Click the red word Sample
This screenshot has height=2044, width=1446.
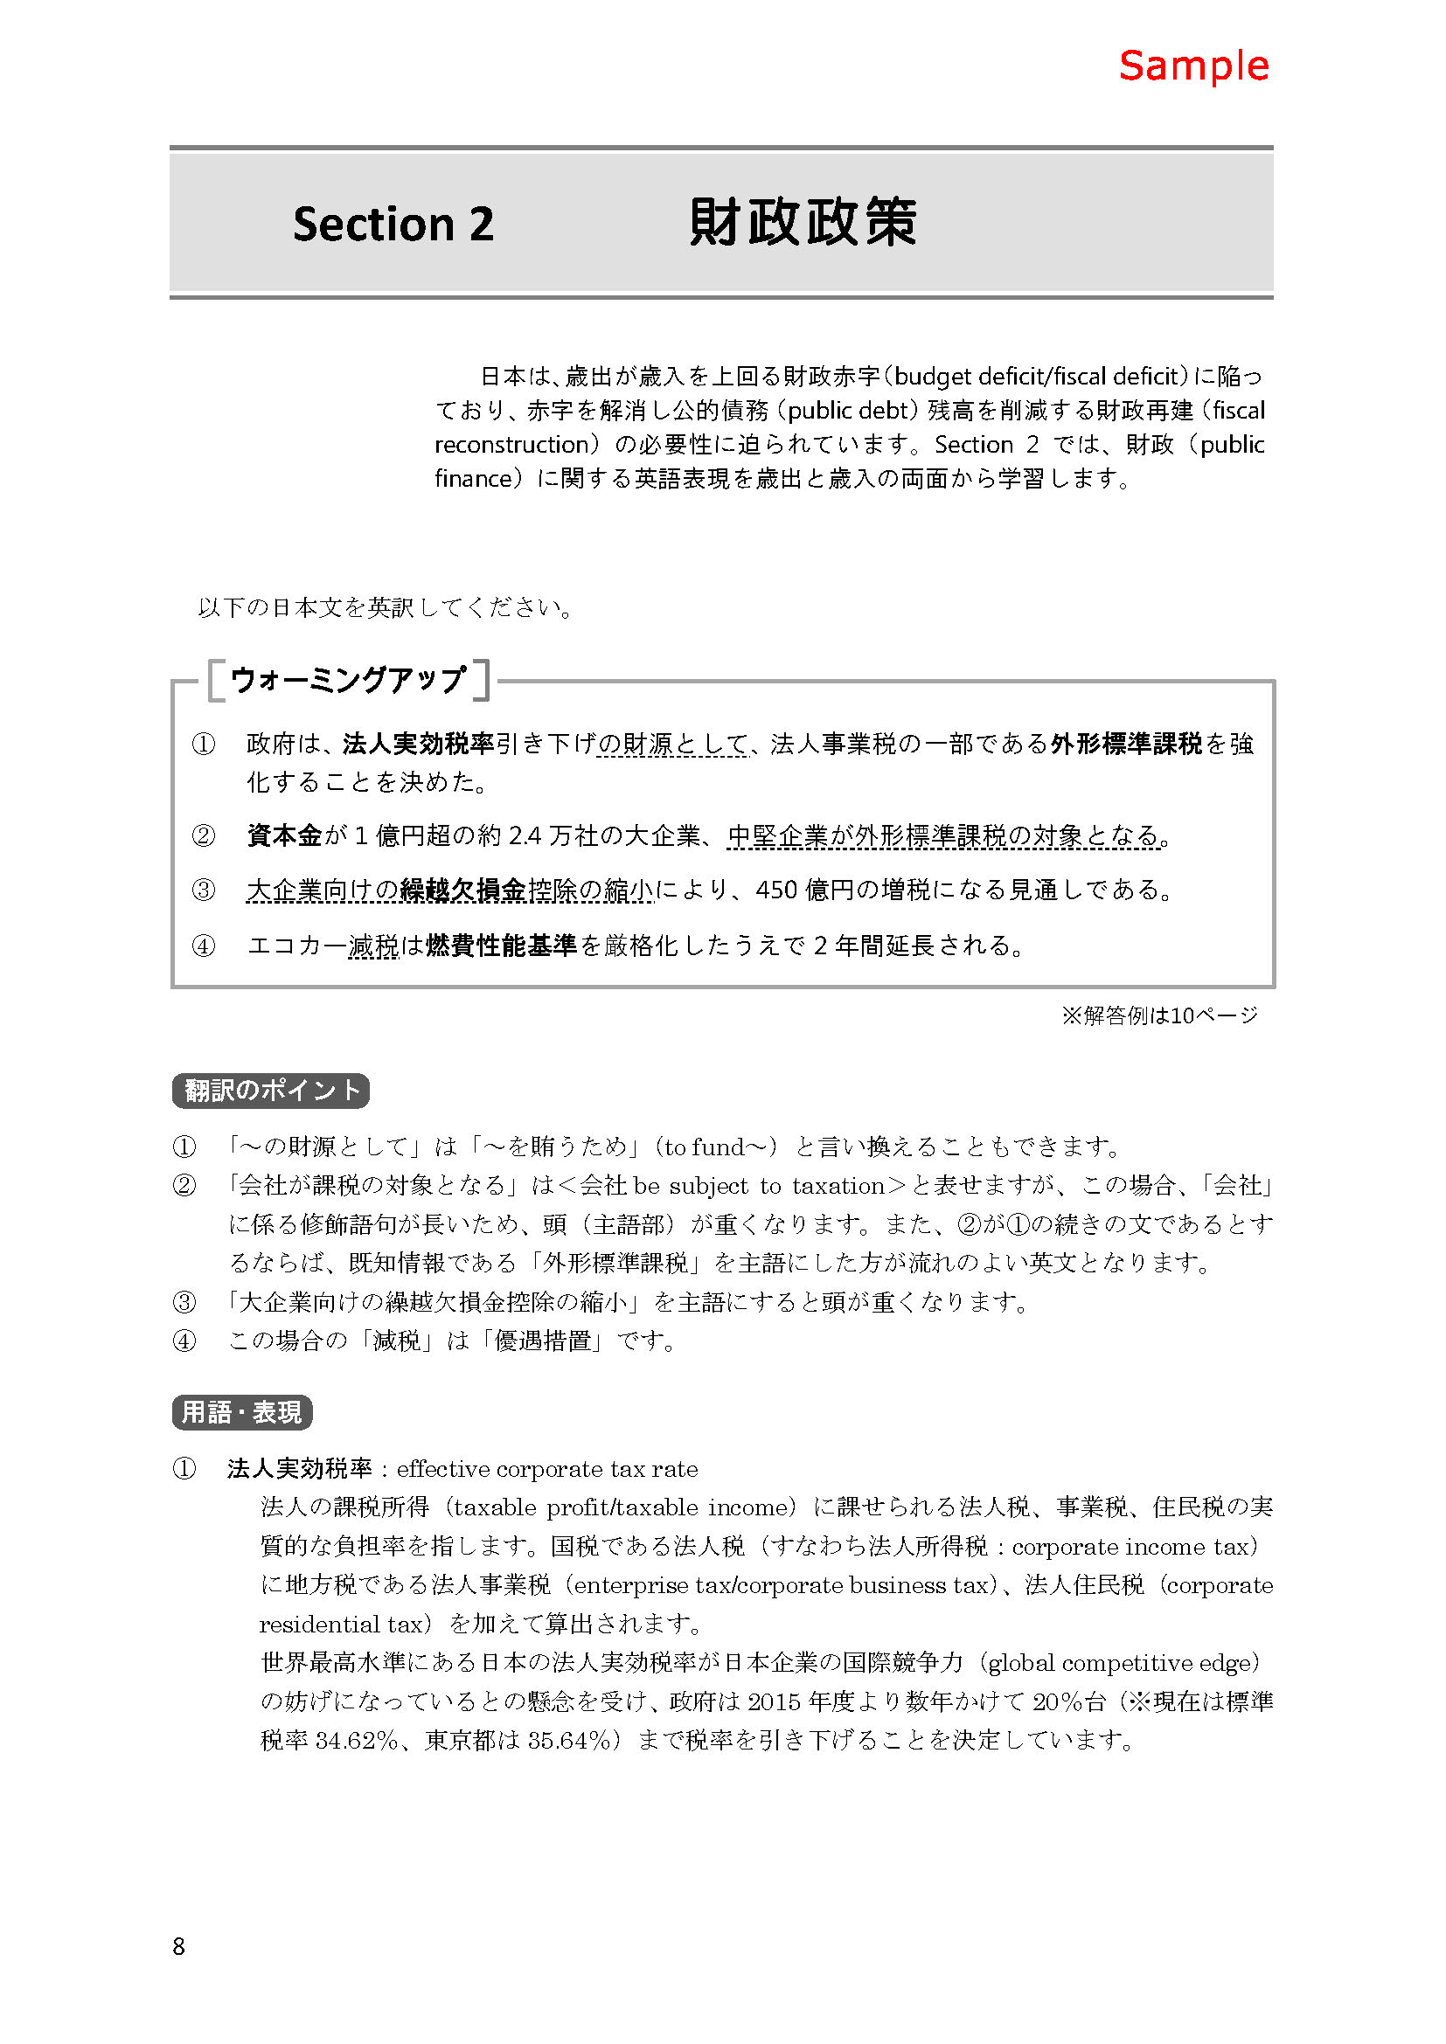point(1193,66)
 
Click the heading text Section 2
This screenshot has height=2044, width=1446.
point(393,224)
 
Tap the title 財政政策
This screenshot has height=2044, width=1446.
point(803,222)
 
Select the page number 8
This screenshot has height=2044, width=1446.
point(178,1946)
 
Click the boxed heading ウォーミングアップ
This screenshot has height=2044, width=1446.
point(347,680)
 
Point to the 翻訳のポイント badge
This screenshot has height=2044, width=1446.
point(271,1091)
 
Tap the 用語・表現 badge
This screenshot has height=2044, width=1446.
point(241,1412)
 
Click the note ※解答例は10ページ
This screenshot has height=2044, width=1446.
point(1159,1015)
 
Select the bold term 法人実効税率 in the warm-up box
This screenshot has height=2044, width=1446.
point(418,744)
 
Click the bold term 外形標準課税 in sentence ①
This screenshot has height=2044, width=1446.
point(1125,744)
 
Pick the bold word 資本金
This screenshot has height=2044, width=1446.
point(284,835)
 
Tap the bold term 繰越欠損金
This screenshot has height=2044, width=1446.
point(463,890)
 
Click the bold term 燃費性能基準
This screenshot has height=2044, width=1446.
point(501,945)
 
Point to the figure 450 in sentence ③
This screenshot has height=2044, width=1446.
point(775,890)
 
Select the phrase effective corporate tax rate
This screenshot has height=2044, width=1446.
point(546,1469)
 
